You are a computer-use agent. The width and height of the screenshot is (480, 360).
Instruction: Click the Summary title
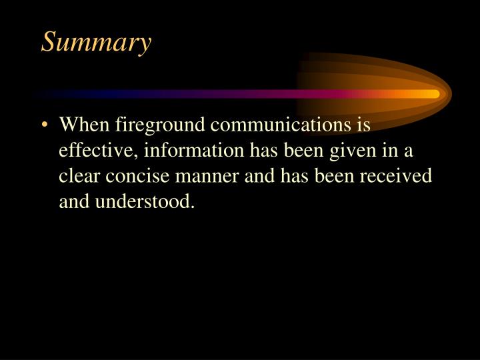pyautogui.click(x=96, y=43)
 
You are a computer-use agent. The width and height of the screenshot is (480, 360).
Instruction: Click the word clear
pyautogui.click(x=77, y=175)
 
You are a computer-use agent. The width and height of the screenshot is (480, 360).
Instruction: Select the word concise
pyautogui.click(x=134, y=175)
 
